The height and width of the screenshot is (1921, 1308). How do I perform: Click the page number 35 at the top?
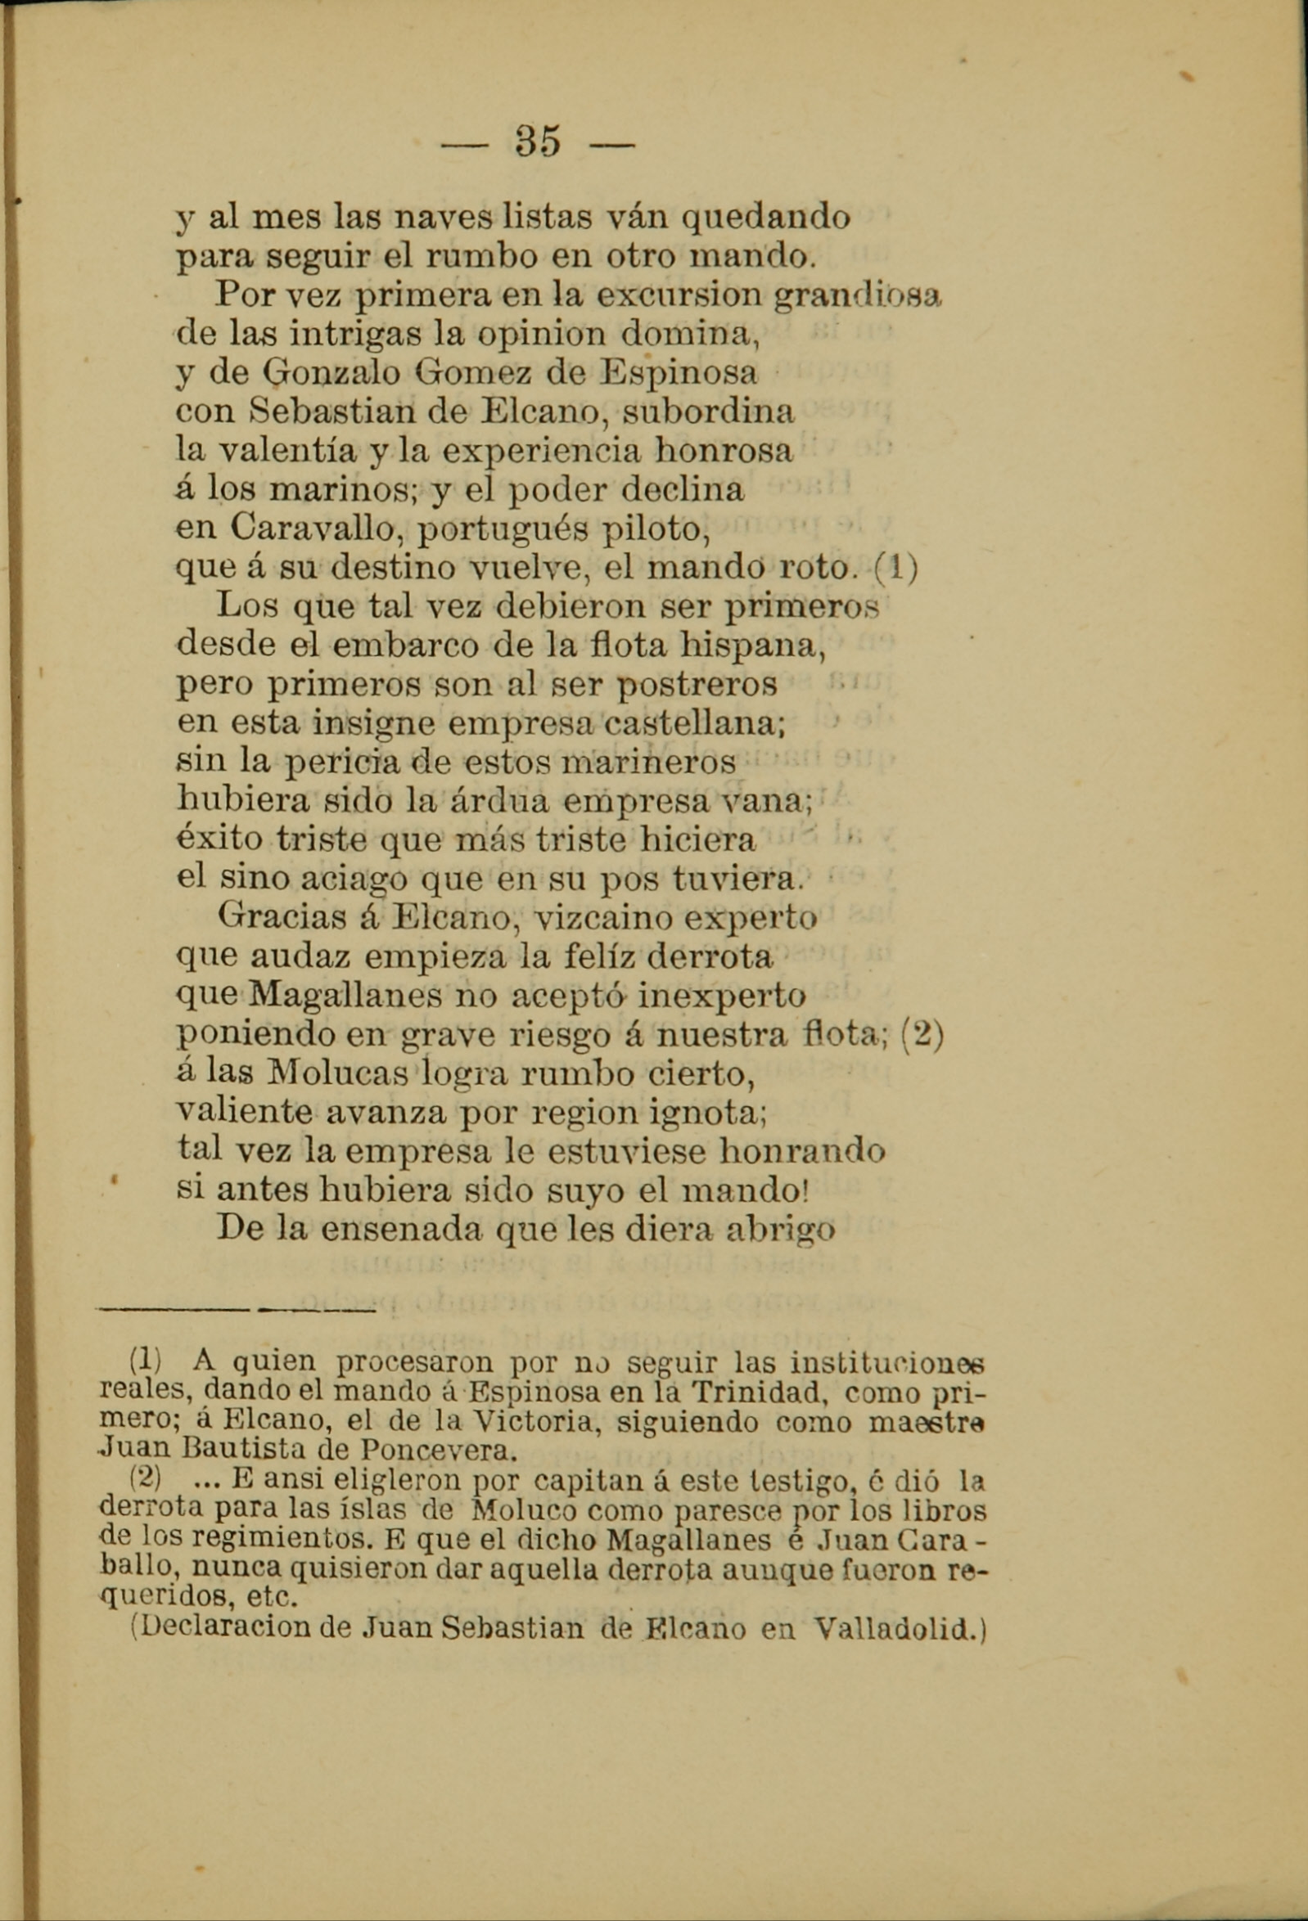[x=539, y=141]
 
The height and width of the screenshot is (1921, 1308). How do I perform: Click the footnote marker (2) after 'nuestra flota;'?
[x=921, y=1035]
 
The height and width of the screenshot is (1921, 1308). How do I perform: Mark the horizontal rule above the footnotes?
[x=237, y=1309]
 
